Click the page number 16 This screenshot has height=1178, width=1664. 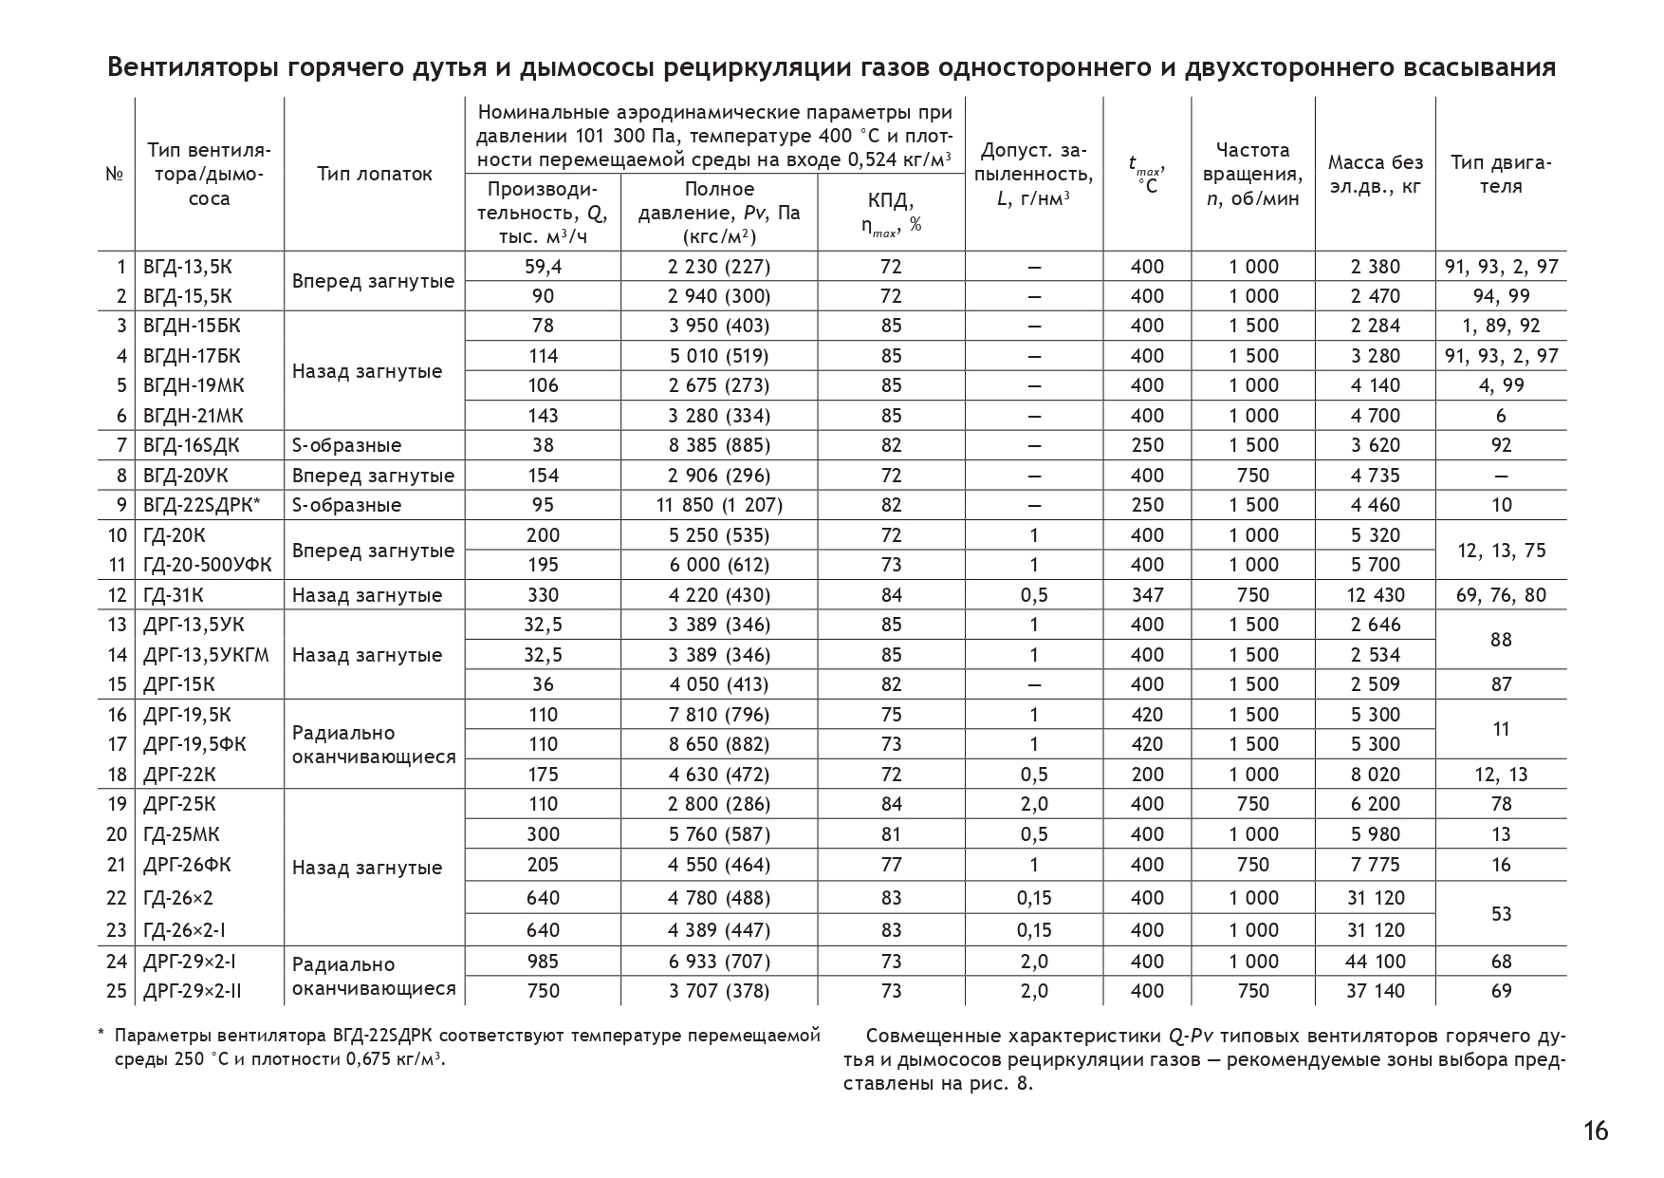pyautogui.click(x=1596, y=1131)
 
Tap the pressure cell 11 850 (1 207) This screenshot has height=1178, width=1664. pyautogui.click(x=719, y=505)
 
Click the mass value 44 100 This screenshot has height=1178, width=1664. pyautogui.click(x=1375, y=962)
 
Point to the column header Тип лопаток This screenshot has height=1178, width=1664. pyautogui.click(x=375, y=174)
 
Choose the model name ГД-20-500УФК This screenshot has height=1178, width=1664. pyautogui.click(x=207, y=565)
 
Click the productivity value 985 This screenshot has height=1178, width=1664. pyautogui.click(x=543, y=962)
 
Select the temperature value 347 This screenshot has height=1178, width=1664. pyautogui.click(x=1147, y=595)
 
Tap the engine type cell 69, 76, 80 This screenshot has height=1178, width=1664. pyautogui.click(x=1501, y=595)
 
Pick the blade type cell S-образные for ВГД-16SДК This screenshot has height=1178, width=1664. pyautogui.click(x=346, y=445)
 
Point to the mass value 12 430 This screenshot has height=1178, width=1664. pyautogui.click(x=1375, y=595)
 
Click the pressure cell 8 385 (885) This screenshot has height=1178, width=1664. pyautogui.click(x=719, y=445)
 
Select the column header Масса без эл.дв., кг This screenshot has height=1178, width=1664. pyautogui.click(x=1375, y=174)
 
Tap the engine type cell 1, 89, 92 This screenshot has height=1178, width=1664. pyautogui.click(x=1501, y=326)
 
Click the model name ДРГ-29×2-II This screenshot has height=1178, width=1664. pyautogui.click(x=192, y=991)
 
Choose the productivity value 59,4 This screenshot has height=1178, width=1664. pyautogui.click(x=543, y=267)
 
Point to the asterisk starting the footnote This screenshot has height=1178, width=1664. pyautogui.click(x=102, y=1034)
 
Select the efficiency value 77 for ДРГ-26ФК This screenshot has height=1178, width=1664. pyautogui.click(x=891, y=865)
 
